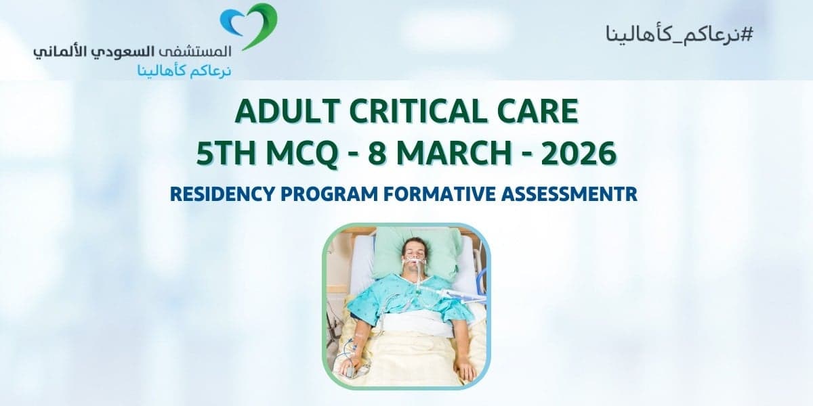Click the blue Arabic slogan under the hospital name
point(175,69)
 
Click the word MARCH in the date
point(449,154)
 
